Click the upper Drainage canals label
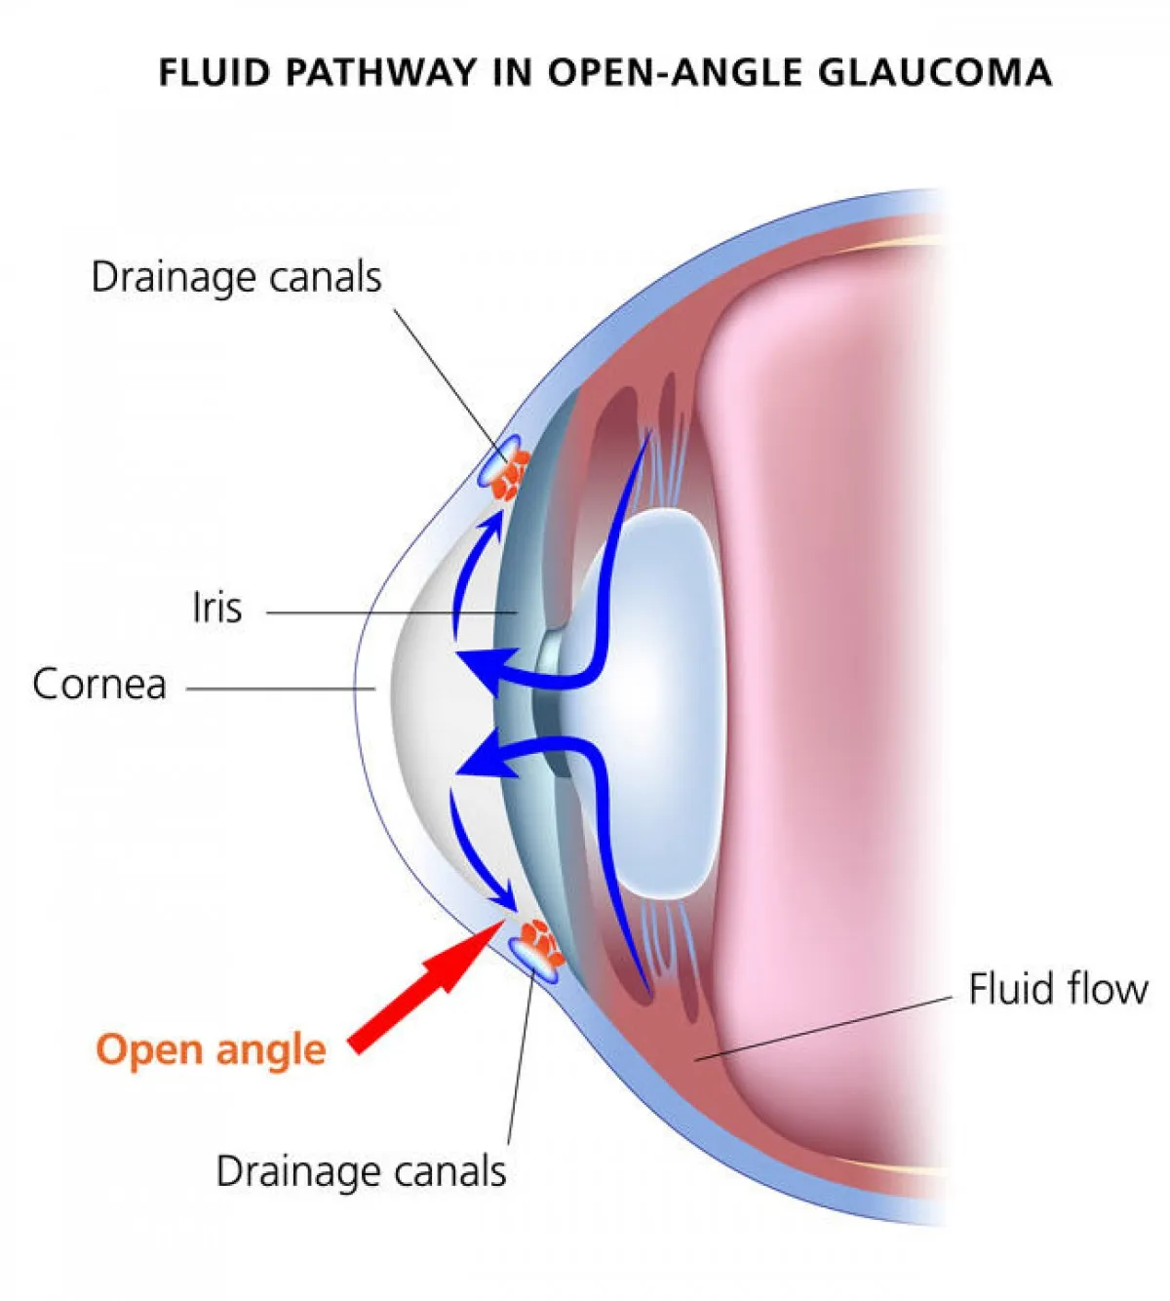pyautogui.click(x=236, y=277)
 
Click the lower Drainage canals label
pyautogui.click(x=361, y=1171)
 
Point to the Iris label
pyautogui.click(x=216, y=608)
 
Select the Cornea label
pyautogui.click(x=98, y=684)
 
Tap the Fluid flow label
pyautogui.click(x=1058, y=989)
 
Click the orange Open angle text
pyautogui.click(x=211, y=1049)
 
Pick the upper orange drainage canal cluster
pyautogui.click(x=510, y=475)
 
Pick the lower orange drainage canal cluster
pyautogui.click(x=538, y=942)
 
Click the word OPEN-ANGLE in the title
pyautogui.click(x=674, y=73)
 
